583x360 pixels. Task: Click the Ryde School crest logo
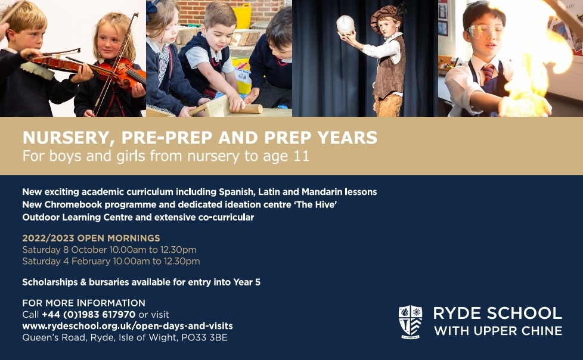410,322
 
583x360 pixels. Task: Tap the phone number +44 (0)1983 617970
88,315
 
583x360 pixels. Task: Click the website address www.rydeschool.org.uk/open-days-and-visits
128,326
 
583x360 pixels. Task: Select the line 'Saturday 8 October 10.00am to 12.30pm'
109,250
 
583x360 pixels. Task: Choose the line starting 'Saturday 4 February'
111,261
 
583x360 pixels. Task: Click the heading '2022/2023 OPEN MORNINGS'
91,238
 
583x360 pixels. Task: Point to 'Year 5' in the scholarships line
247,283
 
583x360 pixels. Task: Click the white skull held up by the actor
345,25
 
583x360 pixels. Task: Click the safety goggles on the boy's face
483,31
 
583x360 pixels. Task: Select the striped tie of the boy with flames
488,73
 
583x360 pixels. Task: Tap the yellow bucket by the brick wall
242,16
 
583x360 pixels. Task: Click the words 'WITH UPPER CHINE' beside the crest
498,331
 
